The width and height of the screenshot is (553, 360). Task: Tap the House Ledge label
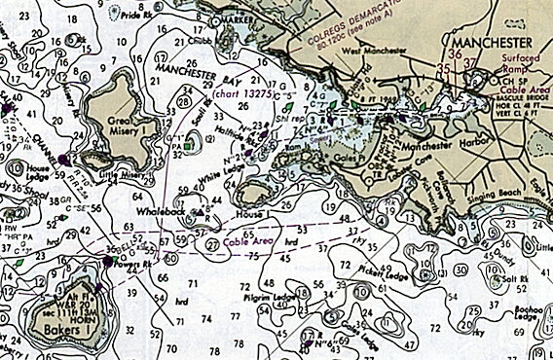coord(37,173)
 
